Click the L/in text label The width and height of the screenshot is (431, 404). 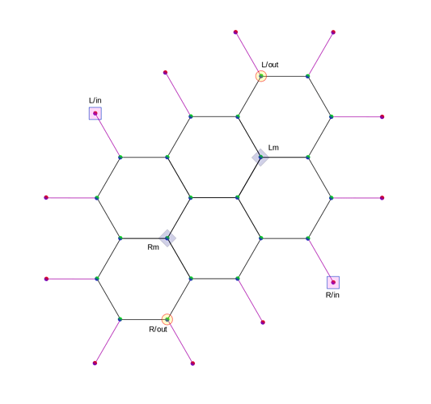95,100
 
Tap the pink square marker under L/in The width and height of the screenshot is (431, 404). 95,113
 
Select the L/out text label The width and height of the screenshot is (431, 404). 270,65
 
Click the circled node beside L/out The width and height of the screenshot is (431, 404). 261,76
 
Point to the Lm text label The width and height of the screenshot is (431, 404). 273,148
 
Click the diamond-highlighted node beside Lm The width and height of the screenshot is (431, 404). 260,158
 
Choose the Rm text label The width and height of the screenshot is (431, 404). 153,247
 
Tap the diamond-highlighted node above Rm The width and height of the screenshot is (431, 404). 167,238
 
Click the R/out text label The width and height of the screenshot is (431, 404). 158,329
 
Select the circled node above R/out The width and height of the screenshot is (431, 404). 167,319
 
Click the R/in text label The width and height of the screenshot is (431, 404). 332,295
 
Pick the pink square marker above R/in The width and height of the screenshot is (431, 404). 333,282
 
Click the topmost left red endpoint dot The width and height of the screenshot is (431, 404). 235,32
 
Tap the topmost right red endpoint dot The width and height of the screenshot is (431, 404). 333,32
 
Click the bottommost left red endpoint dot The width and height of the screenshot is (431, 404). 95,363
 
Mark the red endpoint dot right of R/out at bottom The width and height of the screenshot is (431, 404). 192,364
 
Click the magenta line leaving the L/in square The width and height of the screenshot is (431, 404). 108,135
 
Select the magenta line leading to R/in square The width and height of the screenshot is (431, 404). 320,260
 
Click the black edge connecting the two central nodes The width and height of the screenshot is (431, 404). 214,197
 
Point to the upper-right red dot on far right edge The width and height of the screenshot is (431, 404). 382,116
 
